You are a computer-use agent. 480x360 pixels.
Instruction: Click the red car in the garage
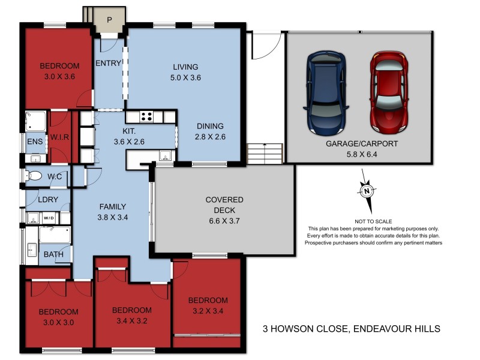389,93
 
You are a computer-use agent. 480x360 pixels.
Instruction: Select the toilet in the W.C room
35,176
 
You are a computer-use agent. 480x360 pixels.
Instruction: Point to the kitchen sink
164,157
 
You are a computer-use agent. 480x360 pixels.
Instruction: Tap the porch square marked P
109,20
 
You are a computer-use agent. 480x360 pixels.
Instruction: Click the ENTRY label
108,64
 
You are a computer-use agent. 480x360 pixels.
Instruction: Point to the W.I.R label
59,136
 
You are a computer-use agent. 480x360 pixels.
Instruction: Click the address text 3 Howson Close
352,328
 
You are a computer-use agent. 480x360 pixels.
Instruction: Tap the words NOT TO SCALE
373,221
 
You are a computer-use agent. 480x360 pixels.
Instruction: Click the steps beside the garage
264,152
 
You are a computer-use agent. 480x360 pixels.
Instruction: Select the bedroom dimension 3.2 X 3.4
208,310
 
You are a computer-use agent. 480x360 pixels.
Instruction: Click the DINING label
210,126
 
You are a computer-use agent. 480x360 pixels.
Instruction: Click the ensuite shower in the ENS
35,122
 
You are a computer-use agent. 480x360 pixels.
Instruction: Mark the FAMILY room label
113,207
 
